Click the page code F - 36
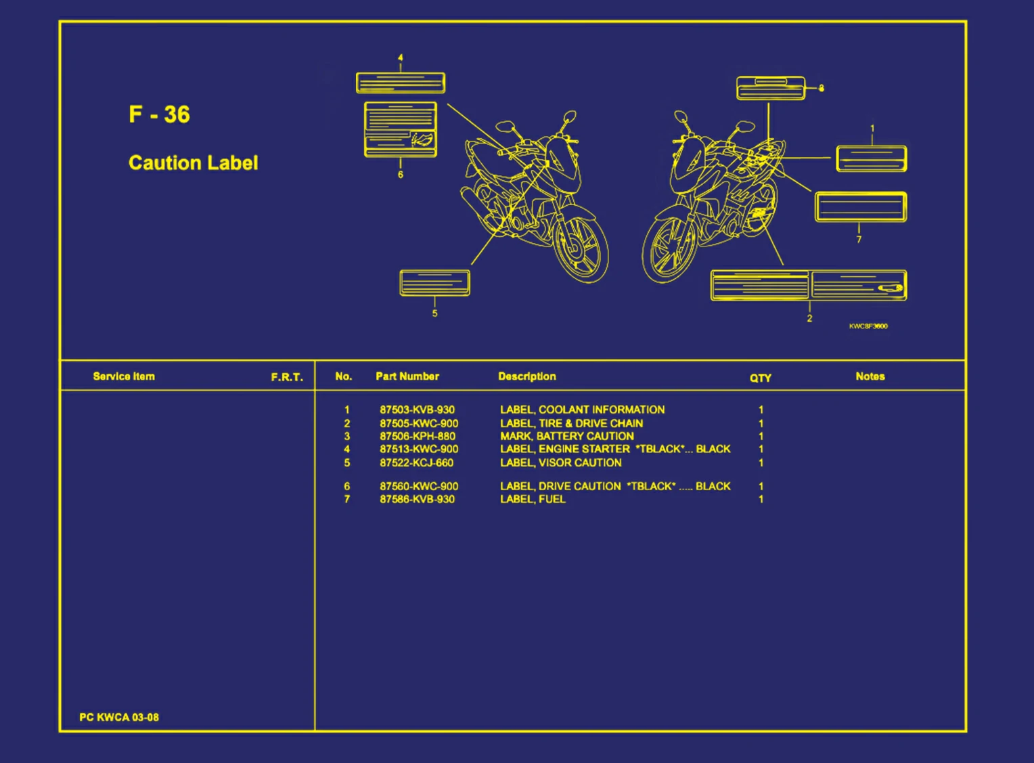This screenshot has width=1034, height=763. click(x=159, y=114)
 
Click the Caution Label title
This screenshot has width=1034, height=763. click(x=193, y=162)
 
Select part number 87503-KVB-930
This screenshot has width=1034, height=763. click(x=417, y=410)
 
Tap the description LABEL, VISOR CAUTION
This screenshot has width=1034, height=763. click(x=560, y=463)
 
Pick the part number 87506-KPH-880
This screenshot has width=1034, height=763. click(x=418, y=436)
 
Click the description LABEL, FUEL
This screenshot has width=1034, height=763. click(x=533, y=499)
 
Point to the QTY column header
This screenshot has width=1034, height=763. click(x=760, y=378)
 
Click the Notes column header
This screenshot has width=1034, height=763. click(x=870, y=376)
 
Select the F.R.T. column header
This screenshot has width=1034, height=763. click(x=287, y=377)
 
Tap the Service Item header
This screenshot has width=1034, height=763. click(x=124, y=376)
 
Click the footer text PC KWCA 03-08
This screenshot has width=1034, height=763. click(x=119, y=717)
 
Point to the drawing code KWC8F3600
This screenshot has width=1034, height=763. click(x=868, y=326)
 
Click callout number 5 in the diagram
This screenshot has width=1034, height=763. click(x=435, y=313)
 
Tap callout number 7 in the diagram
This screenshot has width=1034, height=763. click(x=859, y=239)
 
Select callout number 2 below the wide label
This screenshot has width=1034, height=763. click(x=809, y=318)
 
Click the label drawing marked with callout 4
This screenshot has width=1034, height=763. click(x=401, y=83)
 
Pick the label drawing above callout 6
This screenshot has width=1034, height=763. click(x=400, y=129)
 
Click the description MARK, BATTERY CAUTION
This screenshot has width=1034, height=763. click(x=567, y=436)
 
